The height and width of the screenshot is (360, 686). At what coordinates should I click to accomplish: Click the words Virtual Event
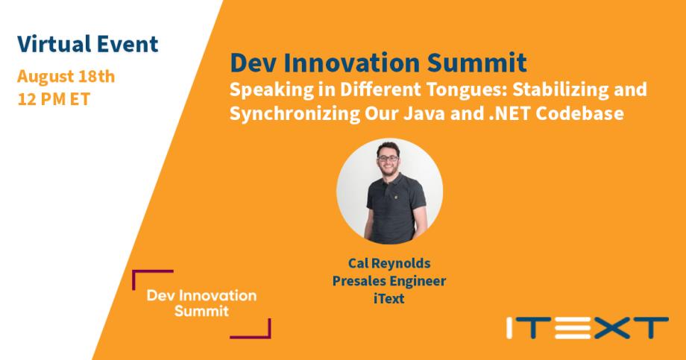(87, 43)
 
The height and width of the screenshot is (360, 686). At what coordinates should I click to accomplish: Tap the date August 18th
(66, 76)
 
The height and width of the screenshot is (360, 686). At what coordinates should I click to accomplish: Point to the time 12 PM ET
(54, 99)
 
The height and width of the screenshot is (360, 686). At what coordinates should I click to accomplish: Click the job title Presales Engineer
(389, 281)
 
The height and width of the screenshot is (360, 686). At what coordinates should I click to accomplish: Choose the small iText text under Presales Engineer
(389, 299)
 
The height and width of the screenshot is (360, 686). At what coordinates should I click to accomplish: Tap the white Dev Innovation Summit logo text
(201, 303)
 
